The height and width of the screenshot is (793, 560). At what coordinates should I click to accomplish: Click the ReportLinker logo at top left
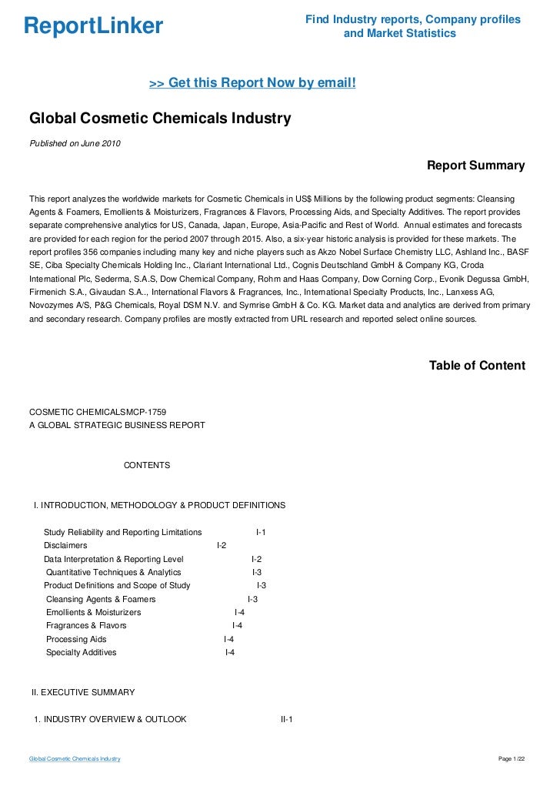pos(94,26)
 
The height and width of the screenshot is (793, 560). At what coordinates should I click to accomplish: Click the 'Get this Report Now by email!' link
pos(252,82)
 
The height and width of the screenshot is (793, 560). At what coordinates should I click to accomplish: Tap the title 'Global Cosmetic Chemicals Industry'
pos(160,119)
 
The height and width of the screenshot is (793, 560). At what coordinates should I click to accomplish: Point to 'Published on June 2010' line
pos(75,143)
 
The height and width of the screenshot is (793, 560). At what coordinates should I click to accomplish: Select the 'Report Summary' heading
pos(475,166)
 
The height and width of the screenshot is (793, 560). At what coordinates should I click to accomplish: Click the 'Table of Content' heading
pos(477,366)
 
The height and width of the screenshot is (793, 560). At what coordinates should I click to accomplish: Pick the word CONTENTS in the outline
pos(147,466)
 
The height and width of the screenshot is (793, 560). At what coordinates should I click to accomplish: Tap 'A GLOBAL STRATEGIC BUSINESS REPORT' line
pos(117,426)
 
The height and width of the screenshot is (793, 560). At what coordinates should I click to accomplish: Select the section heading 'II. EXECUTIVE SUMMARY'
pos(83,692)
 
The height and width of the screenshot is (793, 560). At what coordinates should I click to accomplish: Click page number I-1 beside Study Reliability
pos(261,532)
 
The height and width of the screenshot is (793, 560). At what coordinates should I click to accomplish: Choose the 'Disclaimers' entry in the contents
pos(65,545)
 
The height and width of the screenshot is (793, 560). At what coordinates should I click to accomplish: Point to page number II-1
pos(287,720)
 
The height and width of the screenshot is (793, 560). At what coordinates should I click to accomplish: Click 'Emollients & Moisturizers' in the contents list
pos(94,612)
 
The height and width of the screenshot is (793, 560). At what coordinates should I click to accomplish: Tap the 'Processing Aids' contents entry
pos(76,639)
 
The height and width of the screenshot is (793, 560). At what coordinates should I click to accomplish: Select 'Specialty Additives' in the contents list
pos(82,652)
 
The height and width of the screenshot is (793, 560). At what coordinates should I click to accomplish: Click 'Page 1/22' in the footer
pos(512,759)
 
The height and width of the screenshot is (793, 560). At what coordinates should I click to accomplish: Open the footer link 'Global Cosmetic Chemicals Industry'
pos(75,759)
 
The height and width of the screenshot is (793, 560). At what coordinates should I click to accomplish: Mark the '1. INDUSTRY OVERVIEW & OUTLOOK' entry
pos(110,720)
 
